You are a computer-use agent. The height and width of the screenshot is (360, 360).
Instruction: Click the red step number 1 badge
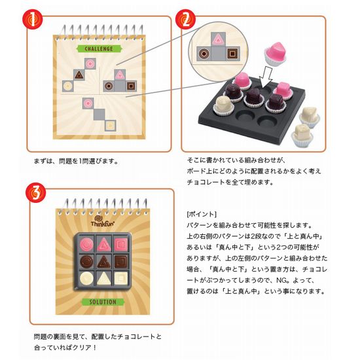[x=32, y=19]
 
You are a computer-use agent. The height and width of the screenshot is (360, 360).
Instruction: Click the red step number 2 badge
[x=185, y=19]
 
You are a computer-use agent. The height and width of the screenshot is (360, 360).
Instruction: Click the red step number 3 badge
[x=35, y=192]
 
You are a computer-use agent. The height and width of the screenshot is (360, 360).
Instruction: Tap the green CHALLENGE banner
[x=99, y=48]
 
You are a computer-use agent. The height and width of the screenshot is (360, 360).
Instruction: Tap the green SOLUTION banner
[x=103, y=302]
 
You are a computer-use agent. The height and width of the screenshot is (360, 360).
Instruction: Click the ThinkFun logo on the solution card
[x=102, y=221]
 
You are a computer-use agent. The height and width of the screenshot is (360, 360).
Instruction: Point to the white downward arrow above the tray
[x=266, y=77]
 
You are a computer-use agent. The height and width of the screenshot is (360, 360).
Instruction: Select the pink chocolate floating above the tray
[x=276, y=53]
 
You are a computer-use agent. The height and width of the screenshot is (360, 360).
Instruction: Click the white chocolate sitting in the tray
[x=224, y=106]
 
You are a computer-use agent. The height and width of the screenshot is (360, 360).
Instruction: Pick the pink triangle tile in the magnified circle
[x=218, y=40]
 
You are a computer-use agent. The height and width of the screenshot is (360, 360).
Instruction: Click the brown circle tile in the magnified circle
[x=204, y=54]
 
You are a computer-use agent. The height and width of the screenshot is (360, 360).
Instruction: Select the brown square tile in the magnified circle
[x=232, y=54]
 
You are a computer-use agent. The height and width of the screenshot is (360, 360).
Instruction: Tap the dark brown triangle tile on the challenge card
[x=79, y=75]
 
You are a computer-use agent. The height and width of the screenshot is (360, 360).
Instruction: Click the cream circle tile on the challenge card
[x=67, y=86]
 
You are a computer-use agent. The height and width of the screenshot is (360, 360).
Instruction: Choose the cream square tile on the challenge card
[x=110, y=126]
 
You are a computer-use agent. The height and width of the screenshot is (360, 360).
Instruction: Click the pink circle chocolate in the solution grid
[x=87, y=244]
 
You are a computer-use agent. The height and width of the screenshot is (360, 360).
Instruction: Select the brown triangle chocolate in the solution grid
[x=103, y=262]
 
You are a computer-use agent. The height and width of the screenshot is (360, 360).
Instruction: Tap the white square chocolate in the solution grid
[x=121, y=278]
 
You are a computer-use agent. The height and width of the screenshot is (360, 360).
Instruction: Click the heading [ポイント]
[x=202, y=214]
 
